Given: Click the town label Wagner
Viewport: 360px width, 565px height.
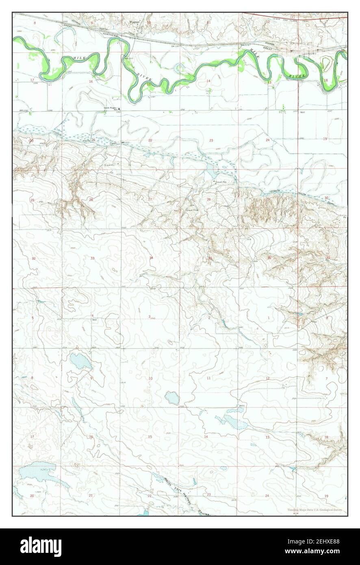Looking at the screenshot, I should click(134, 22).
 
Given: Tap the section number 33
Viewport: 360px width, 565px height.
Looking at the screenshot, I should click(92, 258).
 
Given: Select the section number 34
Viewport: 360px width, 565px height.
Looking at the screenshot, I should click(151, 258).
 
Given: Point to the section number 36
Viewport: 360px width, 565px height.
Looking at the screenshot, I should click(269, 258).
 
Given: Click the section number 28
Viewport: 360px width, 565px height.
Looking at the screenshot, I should click(91, 200).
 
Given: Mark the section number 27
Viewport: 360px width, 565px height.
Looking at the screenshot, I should click(150, 199).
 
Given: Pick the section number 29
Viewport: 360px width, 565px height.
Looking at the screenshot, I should click(32, 200).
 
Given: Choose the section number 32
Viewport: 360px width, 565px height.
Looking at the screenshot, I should click(34, 259).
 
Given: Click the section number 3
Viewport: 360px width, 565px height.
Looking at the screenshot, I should click(149, 317).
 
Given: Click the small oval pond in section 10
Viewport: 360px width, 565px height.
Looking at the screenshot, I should click(172, 398).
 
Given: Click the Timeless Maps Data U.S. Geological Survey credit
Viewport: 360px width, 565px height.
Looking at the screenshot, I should click(314, 510).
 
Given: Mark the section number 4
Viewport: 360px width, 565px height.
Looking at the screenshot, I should click(92, 316).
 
